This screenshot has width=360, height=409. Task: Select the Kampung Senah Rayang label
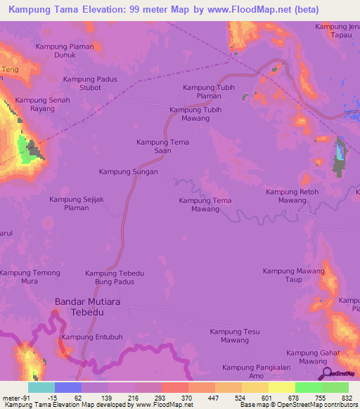click(x=42, y=105)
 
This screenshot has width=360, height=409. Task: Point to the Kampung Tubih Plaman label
click(x=209, y=91)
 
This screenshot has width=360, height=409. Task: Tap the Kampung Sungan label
click(x=128, y=171)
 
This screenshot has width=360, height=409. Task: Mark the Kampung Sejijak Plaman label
click(x=77, y=204)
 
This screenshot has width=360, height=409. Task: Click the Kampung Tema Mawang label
click(x=205, y=205)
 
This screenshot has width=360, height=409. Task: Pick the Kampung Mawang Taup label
click(x=294, y=275)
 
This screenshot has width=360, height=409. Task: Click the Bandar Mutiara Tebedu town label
click(x=89, y=307)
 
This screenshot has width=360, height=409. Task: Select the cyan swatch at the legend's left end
click(x=41, y=387)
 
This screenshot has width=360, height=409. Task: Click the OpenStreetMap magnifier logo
click(x=327, y=375)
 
